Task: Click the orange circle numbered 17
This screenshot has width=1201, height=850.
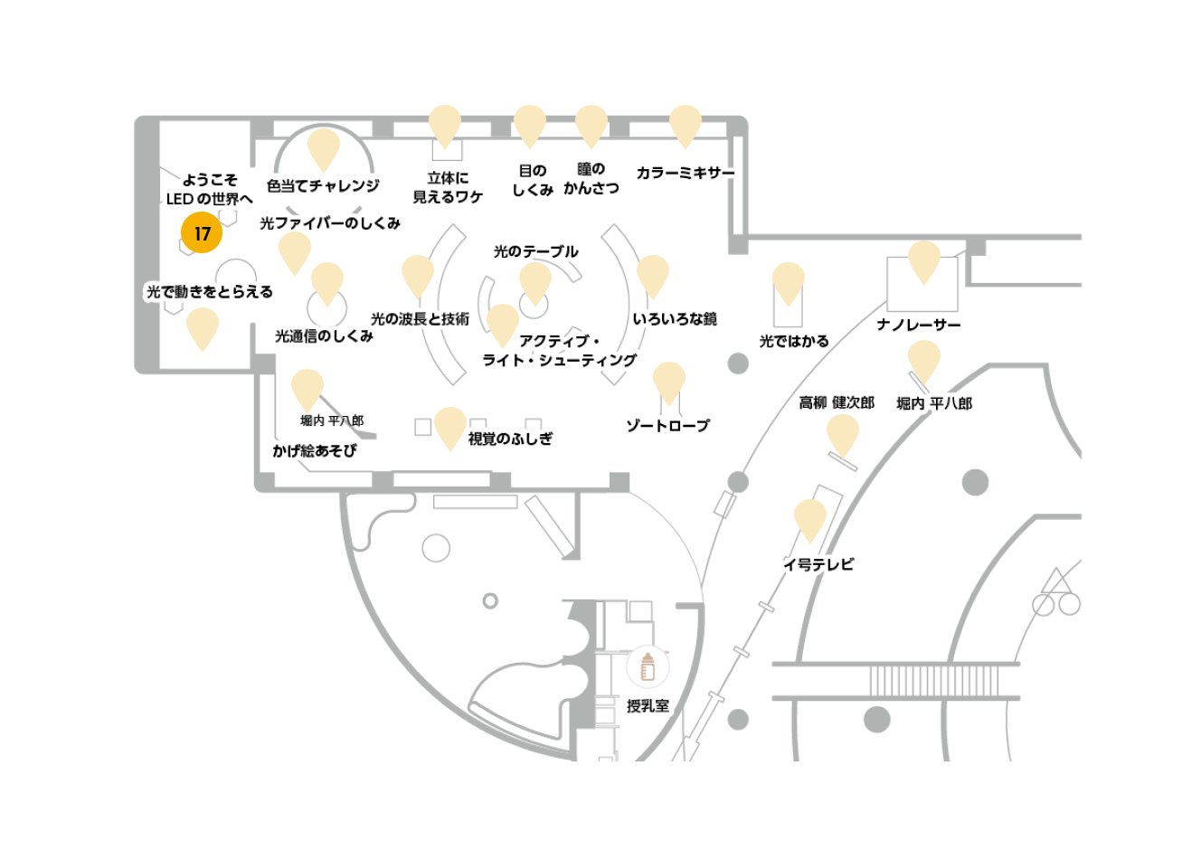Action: [x=202, y=232]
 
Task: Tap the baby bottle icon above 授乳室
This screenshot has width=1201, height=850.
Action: [x=648, y=666]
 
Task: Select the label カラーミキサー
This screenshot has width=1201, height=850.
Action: [x=686, y=173]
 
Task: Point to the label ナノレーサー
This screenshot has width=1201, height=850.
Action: [x=919, y=325]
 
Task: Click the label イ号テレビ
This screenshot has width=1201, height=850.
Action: [x=818, y=564]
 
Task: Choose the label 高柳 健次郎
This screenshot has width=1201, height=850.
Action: [x=837, y=402]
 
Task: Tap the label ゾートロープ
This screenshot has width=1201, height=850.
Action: [x=668, y=426]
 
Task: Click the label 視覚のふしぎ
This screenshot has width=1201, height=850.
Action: [x=510, y=439]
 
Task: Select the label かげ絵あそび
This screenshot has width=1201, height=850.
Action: [x=314, y=450]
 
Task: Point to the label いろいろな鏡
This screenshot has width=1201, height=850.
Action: [x=675, y=319]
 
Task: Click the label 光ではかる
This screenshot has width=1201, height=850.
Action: [x=794, y=342]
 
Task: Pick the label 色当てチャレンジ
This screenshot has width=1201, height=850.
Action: [x=323, y=186]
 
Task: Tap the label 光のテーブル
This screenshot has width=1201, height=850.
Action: [x=535, y=251]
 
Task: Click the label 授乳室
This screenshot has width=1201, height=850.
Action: [x=648, y=706]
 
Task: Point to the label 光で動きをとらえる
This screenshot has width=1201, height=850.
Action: [x=210, y=292]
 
